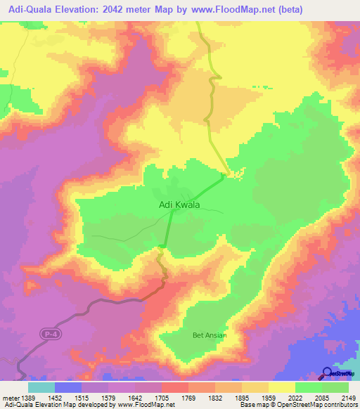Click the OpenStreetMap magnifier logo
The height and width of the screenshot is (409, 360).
[328, 373]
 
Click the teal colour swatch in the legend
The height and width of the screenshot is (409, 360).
[41, 387]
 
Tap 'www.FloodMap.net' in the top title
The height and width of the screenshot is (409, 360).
[274, 9]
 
